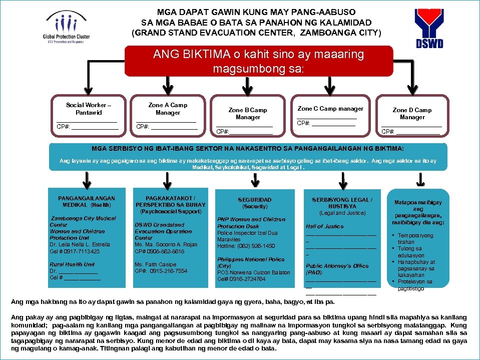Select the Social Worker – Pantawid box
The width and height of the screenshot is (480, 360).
(x=88, y=116)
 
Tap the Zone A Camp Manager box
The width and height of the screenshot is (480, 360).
(x=168, y=116)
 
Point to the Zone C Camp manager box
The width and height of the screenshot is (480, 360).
(x=330, y=116)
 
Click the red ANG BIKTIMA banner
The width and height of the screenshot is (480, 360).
(x=259, y=61)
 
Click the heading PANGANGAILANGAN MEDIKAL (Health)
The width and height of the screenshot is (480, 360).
(x=87, y=201)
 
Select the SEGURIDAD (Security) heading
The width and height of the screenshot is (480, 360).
(x=255, y=203)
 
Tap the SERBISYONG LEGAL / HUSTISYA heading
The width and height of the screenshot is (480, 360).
(x=342, y=203)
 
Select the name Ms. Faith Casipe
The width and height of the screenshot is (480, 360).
(x=155, y=264)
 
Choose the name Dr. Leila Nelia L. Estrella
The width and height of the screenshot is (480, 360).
(x=80, y=244)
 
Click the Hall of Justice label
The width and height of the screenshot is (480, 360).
(x=325, y=226)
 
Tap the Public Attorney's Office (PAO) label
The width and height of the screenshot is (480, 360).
(x=337, y=269)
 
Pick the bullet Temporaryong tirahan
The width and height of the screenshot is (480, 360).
(x=415, y=238)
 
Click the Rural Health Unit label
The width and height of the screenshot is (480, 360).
(x=72, y=264)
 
